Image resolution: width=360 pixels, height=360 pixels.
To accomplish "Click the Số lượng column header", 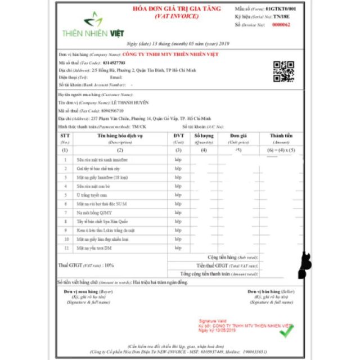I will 205,136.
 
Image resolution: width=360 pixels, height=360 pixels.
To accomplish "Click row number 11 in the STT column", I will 65,247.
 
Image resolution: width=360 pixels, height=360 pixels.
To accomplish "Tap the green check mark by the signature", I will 286,332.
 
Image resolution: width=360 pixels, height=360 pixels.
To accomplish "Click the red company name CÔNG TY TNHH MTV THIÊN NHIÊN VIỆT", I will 171,55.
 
